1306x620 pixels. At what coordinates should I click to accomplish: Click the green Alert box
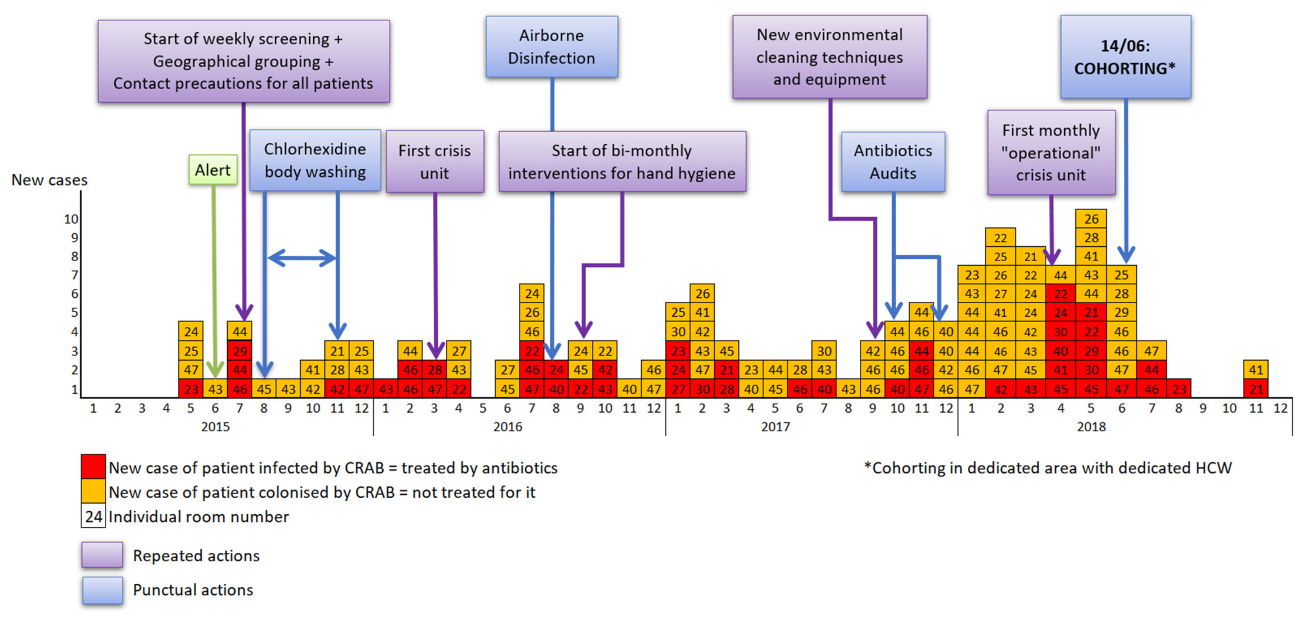(213, 170)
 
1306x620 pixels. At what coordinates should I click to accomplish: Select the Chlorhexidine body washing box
(315, 160)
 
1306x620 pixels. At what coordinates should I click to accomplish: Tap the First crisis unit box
(434, 162)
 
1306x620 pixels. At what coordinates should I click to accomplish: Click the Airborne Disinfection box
(552, 47)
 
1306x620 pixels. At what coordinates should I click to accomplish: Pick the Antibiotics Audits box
(893, 162)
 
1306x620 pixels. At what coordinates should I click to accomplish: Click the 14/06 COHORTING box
(1125, 57)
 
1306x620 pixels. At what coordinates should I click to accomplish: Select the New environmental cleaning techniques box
(829, 57)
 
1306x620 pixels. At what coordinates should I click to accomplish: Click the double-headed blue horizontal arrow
(302, 258)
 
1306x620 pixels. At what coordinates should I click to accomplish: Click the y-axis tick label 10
(71, 219)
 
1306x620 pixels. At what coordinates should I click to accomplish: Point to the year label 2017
(775, 427)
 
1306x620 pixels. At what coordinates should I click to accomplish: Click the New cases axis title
(49, 180)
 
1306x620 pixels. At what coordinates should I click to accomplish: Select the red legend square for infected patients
(93, 466)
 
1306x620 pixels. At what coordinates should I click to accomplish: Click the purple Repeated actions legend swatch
(102, 554)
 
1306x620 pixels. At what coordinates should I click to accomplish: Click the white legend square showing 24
(93, 516)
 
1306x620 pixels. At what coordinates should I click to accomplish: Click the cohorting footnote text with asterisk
(1047, 467)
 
